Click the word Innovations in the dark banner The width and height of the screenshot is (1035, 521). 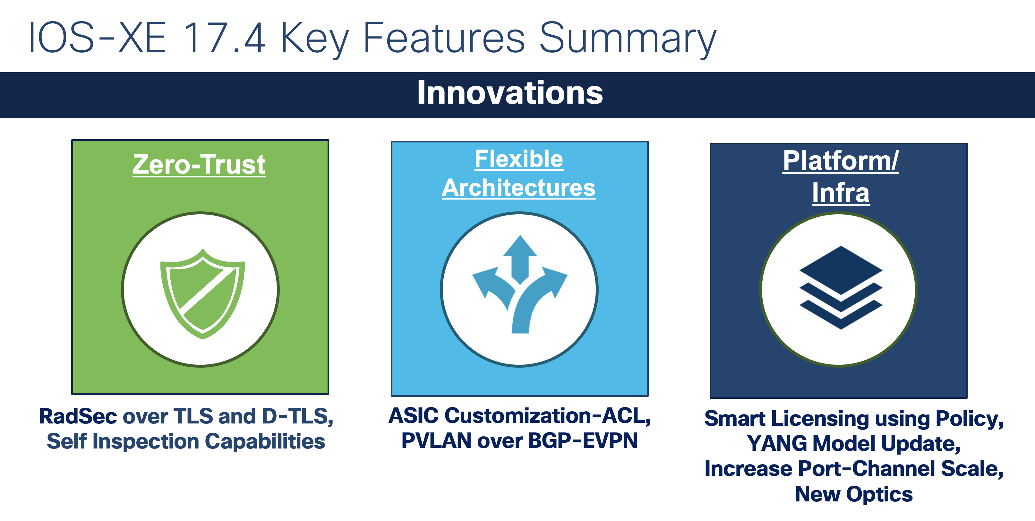(509, 93)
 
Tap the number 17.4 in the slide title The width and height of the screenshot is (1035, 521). (225, 38)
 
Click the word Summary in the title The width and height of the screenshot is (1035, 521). (627, 38)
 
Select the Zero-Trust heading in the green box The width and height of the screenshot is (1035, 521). (199, 164)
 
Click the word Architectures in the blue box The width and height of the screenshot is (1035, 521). (519, 188)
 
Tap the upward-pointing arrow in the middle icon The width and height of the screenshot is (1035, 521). (520, 257)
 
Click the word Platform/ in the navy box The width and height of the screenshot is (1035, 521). (840, 161)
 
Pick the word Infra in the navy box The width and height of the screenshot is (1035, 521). (841, 193)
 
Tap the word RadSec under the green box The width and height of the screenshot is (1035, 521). (78, 416)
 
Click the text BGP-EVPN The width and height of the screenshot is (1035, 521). (583, 441)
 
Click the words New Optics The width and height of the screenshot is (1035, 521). (854, 494)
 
